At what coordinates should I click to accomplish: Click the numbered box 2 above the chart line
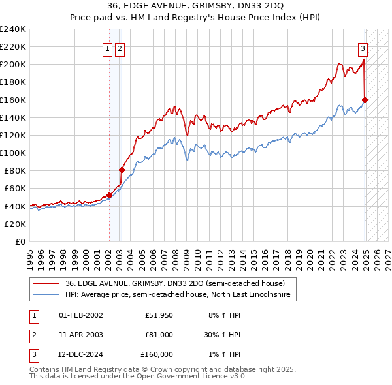(x=121, y=48)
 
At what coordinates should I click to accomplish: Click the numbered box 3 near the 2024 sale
(x=363, y=48)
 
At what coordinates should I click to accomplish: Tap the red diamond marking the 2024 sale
(x=365, y=100)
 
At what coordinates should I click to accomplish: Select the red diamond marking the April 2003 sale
(x=122, y=170)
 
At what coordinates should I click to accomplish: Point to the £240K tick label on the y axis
(x=12, y=29)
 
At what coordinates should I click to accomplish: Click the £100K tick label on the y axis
(x=12, y=153)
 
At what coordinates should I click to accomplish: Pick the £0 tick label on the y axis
(x=20, y=241)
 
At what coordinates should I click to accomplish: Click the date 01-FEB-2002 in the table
(x=80, y=315)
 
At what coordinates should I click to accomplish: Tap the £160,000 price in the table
(x=157, y=354)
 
